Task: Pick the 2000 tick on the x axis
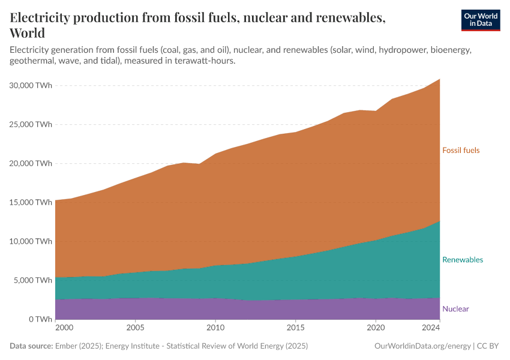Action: point(64,328)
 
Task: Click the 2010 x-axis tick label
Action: point(215,328)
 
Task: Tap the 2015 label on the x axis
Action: point(295,328)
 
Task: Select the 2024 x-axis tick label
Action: point(431,328)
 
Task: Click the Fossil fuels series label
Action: point(461,150)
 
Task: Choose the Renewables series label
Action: point(462,260)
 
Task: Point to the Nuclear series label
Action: point(455,309)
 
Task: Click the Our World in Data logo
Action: point(480,20)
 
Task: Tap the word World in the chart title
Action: point(28,33)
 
